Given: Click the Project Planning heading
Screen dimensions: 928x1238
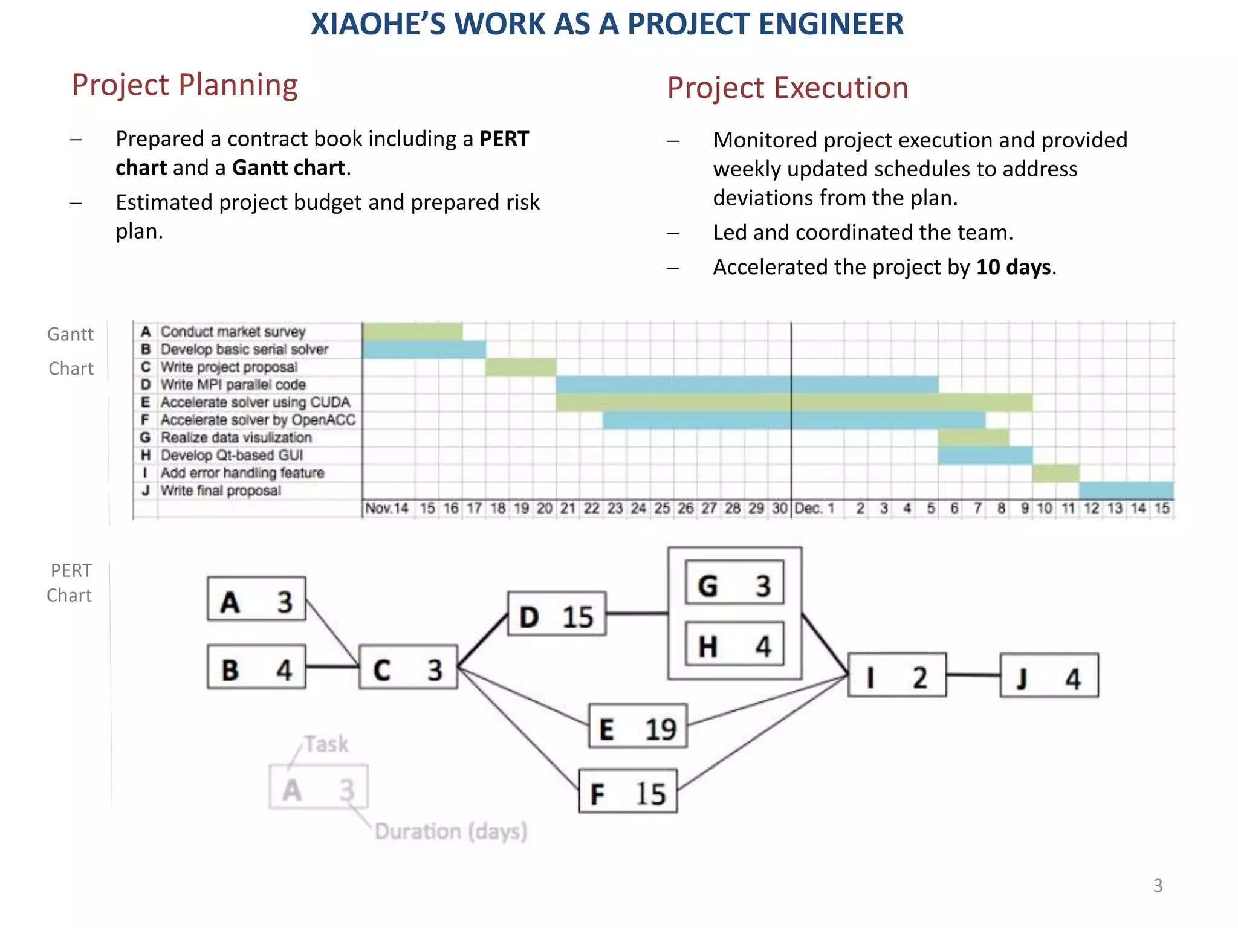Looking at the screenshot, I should (x=184, y=85).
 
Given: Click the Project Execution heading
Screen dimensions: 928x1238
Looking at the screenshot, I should (x=787, y=88).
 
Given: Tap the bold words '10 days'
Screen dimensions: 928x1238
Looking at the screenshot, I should (x=1014, y=267).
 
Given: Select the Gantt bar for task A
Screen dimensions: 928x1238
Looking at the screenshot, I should (x=412, y=331).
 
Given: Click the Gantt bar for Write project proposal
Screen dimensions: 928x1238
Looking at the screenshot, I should (x=520, y=367).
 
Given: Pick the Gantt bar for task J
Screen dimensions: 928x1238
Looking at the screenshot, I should (x=1126, y=490).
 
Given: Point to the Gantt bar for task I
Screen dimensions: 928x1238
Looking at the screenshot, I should (x=1055, y=472).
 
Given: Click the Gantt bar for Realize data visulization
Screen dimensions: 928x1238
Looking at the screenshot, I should (x=973, y=437).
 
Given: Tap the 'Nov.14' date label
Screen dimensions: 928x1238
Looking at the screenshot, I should (x=387, y=508).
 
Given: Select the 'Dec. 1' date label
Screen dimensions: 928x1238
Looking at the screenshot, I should (x=814, y=508).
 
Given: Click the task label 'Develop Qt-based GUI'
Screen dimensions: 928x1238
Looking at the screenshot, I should (x=232, y=455).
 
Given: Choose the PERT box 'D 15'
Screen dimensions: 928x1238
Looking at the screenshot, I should (x=557, y=614).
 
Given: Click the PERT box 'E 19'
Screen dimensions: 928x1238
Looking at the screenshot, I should (x=638, y=726).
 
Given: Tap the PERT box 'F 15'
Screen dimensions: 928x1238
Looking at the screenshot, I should (x=627, y=791).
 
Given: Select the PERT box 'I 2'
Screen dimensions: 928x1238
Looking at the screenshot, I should (x=896, y=675).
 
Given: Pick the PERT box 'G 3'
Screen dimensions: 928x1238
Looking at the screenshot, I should (x=734, y=582).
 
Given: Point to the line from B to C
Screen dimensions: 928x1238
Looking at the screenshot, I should (x=332, y=667).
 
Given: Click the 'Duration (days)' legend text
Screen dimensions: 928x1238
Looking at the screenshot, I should (x=451, y=831).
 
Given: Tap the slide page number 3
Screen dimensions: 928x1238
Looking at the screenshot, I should (x=1158, y=886).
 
